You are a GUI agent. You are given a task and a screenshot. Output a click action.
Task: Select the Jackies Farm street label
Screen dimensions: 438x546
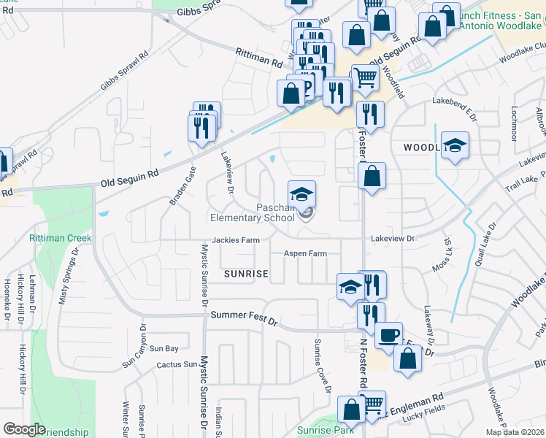pos(236,239)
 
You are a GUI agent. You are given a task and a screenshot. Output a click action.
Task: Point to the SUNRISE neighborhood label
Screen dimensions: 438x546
pos(246,274)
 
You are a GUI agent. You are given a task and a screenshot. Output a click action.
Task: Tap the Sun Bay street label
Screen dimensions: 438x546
pos(164,349)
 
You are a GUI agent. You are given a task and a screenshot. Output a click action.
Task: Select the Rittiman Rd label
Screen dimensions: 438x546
pos(258,58)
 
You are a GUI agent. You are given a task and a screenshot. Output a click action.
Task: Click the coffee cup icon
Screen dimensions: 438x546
pos(388,335)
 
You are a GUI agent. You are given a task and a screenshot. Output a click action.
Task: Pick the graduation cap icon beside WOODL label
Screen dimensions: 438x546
pos(455,145)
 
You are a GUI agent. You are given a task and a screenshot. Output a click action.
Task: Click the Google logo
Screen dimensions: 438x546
pos(24,429)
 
